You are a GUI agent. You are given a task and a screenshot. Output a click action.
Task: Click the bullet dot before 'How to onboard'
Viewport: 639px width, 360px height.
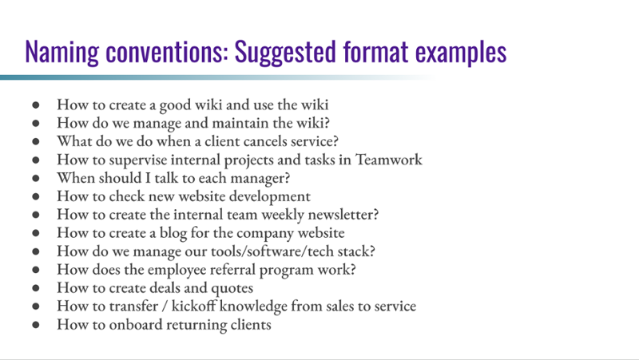(x=36, y=326)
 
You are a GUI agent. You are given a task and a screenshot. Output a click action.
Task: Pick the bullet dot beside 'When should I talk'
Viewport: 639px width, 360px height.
(x=36, y=179)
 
